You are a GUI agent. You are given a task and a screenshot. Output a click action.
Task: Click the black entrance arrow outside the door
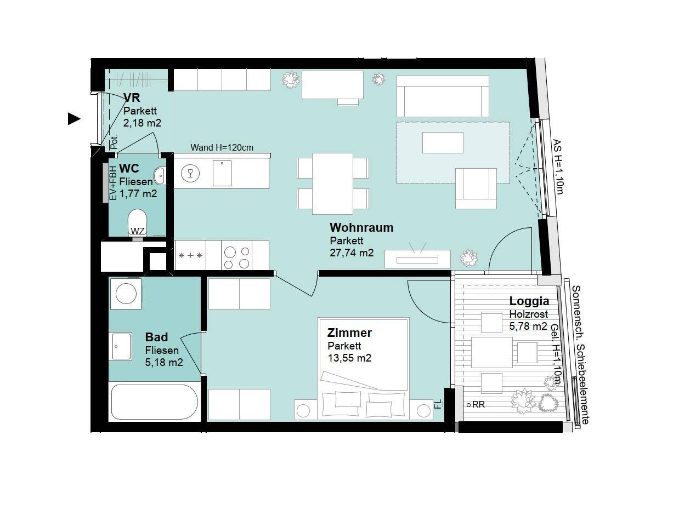[73, 119]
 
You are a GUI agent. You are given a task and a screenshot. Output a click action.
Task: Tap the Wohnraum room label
[361, 227]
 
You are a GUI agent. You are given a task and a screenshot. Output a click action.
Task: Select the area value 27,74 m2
[352, 253]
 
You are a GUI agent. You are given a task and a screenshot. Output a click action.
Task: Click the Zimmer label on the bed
[349, 333]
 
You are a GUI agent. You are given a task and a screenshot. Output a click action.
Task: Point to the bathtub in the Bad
[154, 402]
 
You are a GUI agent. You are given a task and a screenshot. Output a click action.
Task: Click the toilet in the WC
[138, 222]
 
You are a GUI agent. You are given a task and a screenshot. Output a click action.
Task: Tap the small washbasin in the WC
[160, 176]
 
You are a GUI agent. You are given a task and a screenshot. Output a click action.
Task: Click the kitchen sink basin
[222, 173]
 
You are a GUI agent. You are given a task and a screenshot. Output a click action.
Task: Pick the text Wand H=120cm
[222, 147]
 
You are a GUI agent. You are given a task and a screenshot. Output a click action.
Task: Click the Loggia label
[529, 301]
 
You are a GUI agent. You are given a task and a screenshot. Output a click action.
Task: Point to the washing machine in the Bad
[126, 294]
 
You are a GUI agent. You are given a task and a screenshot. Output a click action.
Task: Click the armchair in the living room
[476, 188]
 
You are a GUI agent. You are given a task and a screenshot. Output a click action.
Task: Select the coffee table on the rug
[443, 142]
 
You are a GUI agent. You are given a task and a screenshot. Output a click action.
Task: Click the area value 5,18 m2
[164, 362]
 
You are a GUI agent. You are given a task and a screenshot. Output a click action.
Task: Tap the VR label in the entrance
[132, 98]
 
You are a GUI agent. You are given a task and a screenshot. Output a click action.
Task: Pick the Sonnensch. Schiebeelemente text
[580, 355]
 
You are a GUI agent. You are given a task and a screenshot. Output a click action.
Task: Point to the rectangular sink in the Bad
[122, 346]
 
